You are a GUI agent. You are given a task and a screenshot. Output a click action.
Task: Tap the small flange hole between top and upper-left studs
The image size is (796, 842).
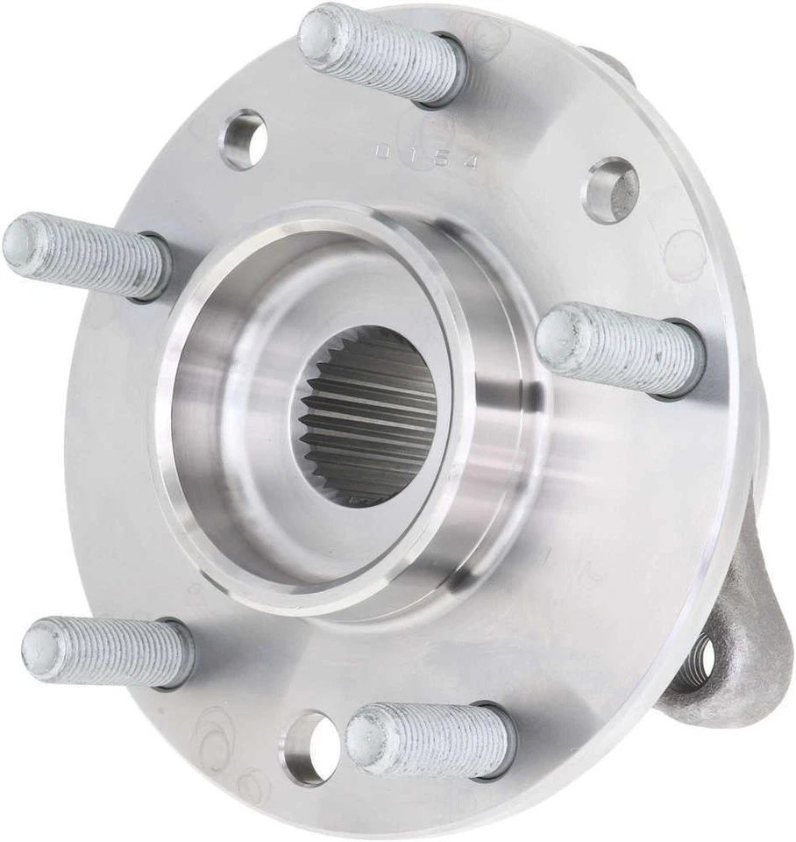tap(244, 139)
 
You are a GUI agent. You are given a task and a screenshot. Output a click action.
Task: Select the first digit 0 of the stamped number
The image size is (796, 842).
tap(383, 151)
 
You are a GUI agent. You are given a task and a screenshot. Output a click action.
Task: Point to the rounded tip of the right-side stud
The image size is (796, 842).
tap(558, 339)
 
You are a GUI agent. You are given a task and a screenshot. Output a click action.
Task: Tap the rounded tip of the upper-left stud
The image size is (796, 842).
tap(22, 242)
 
